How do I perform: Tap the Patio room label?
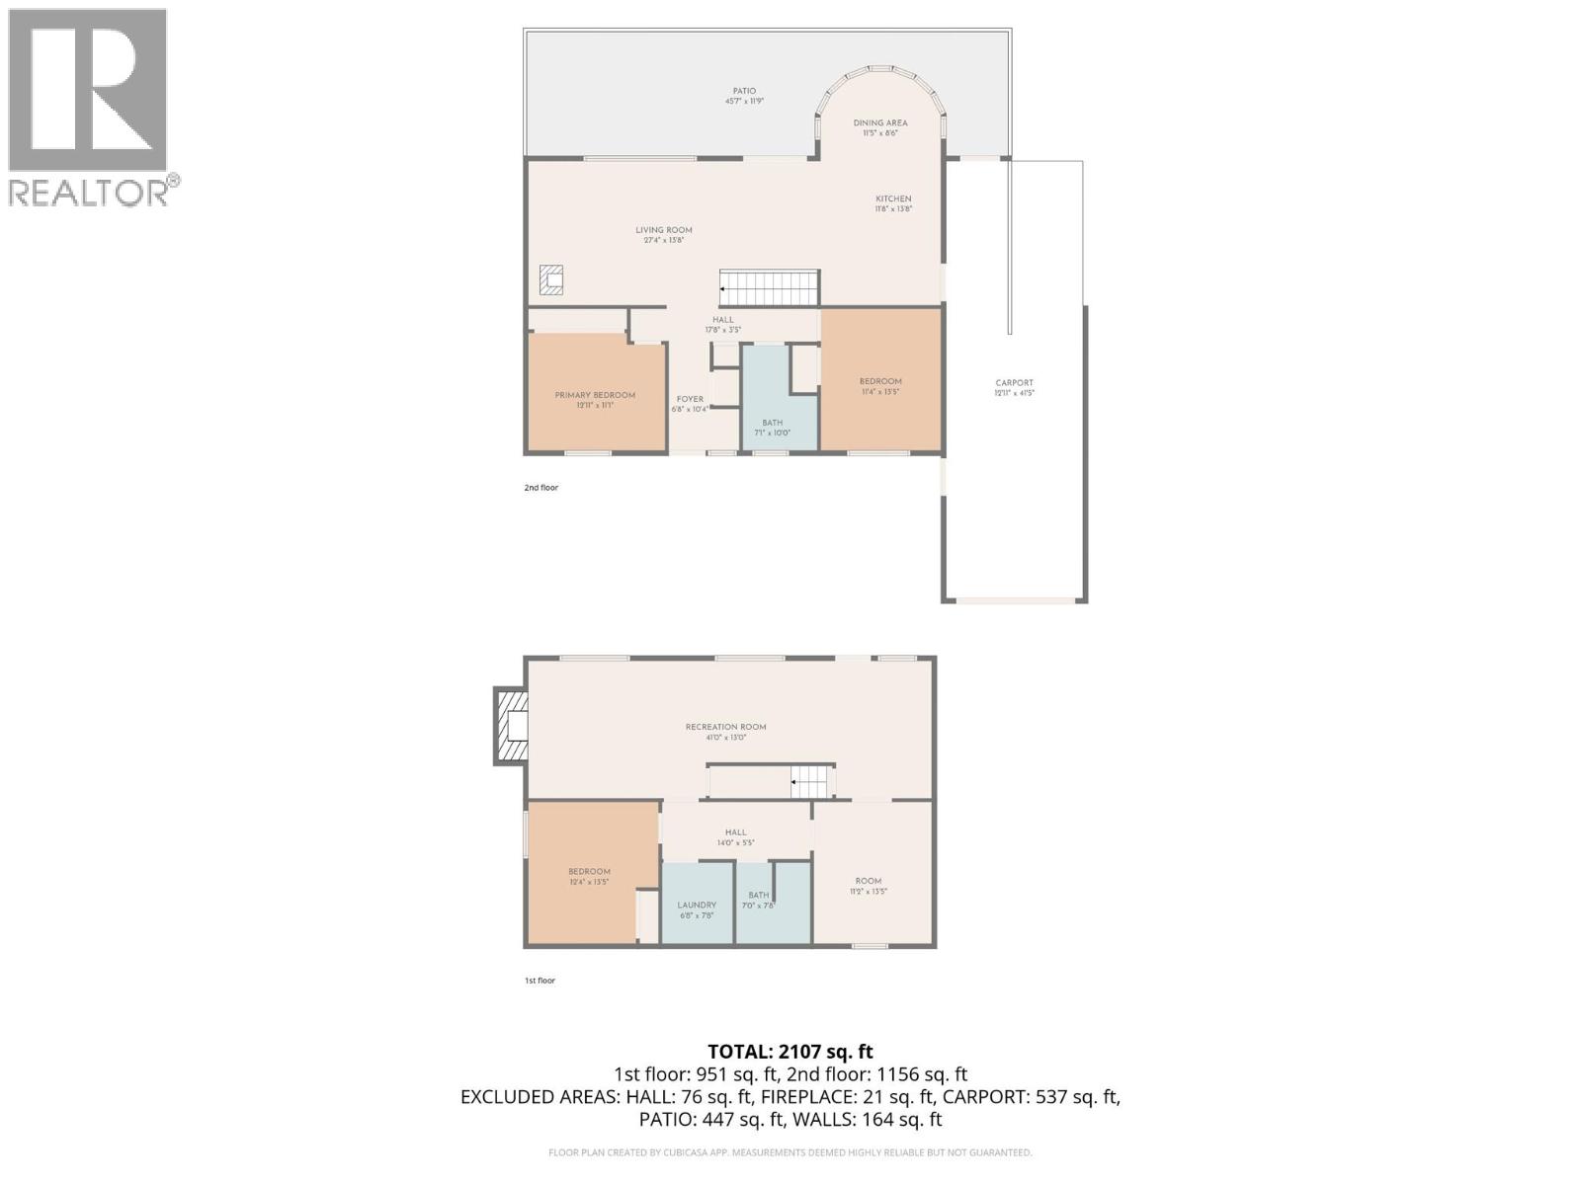tap(744, 96)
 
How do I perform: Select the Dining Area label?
tap(879, 127)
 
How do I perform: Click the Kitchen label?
tap(892, 203)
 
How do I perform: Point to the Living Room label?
tap(664, 234)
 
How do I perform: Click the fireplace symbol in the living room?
tap(551, 279)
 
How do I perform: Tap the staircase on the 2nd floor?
tap(770, 288)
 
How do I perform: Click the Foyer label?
tap(690, 403)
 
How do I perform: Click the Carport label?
tap(1014, 387)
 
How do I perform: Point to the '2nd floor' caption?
tap(541, 488)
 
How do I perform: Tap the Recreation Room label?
tap(725, 731)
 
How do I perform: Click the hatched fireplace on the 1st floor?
tap(512, 727)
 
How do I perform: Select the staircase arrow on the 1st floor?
tap(795, 783)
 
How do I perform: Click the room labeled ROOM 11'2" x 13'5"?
tap(869, 885)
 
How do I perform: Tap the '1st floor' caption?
tap(540, 981)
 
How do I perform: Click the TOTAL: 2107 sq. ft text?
tap(790, 1052)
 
